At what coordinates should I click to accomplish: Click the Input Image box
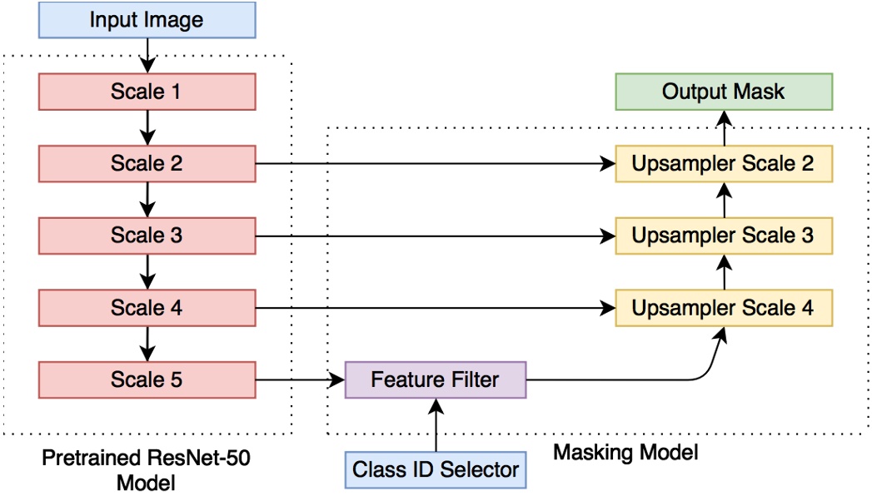(x=147, y=20)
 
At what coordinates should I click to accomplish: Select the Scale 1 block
(x=147, y=92)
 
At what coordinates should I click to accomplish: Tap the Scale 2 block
(x=147, y=163)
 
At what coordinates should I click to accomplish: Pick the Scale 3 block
(x=147, y=236)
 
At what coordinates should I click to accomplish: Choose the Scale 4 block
(x=147, y=308)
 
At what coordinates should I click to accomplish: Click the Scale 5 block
(x=147, y=380)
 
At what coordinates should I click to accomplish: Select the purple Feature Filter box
(x=436, y=380)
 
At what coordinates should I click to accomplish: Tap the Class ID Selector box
(x=436, y=469)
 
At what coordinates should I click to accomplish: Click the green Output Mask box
(x=723, y=92)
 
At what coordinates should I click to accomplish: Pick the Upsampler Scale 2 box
(x=723, y=163)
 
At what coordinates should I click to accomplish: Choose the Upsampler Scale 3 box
(x=723, y=236)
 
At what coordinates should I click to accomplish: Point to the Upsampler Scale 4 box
(x=723, y=308)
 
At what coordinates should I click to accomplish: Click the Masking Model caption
(x=625, y=453)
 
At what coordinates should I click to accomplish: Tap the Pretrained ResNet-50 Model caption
(x=146, y=469)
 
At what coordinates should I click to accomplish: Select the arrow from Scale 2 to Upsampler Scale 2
(x=433, y=164)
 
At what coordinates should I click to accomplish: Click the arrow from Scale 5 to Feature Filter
(x=300, y=381)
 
